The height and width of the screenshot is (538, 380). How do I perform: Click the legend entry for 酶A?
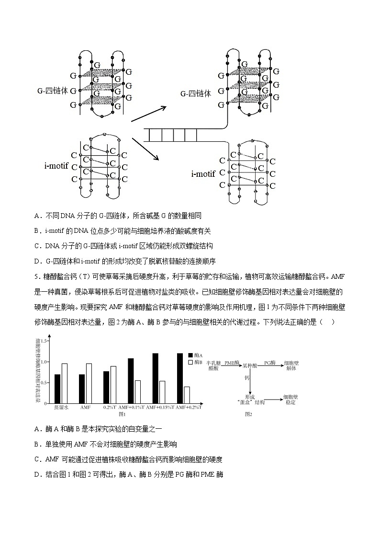coord(194,355)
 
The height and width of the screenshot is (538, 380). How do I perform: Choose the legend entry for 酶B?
coord(194,363)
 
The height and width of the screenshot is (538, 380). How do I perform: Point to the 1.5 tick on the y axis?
coord(45,341)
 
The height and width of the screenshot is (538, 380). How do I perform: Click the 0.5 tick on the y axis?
coord(45,382)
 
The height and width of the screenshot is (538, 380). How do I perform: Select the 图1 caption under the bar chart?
coord(122,413)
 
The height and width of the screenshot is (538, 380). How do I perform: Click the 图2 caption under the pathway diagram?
coord(248,413)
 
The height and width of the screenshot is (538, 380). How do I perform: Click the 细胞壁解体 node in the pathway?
coord(291,366)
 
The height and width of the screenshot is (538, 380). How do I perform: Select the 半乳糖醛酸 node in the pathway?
coord(212,366)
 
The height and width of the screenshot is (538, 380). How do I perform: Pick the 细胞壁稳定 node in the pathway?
coord(291,400)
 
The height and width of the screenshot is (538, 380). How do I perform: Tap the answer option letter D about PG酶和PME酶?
coord(37,475)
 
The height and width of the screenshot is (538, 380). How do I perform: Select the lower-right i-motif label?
coord(203,174)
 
